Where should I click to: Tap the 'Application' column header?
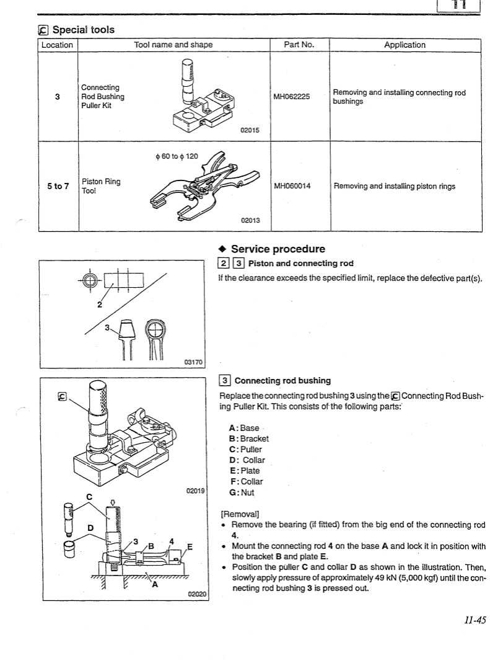click(405, 45)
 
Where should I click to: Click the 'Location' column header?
click(57, 45)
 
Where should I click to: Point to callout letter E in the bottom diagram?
click(190, 546)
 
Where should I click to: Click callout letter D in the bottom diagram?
click(90, 527)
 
